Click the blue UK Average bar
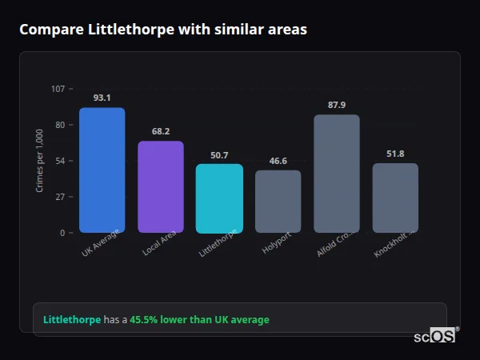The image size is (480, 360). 102,170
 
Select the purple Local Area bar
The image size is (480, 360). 161,187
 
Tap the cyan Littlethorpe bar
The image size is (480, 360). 219,198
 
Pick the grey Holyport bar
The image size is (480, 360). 278,202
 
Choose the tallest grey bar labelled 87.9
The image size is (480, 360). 337,174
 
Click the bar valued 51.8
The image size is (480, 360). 395,198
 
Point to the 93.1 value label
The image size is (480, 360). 102,98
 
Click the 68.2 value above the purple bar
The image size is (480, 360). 161,131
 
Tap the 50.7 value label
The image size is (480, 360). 219,155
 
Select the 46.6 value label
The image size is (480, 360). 278,161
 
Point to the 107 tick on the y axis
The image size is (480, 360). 58,89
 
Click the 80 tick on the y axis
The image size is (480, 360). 60,125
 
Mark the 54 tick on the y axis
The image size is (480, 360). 60,161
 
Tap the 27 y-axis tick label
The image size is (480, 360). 60,197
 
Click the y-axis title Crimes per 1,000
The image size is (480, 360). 40,161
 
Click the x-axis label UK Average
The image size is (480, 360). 100,243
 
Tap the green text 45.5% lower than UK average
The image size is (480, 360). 199,320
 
